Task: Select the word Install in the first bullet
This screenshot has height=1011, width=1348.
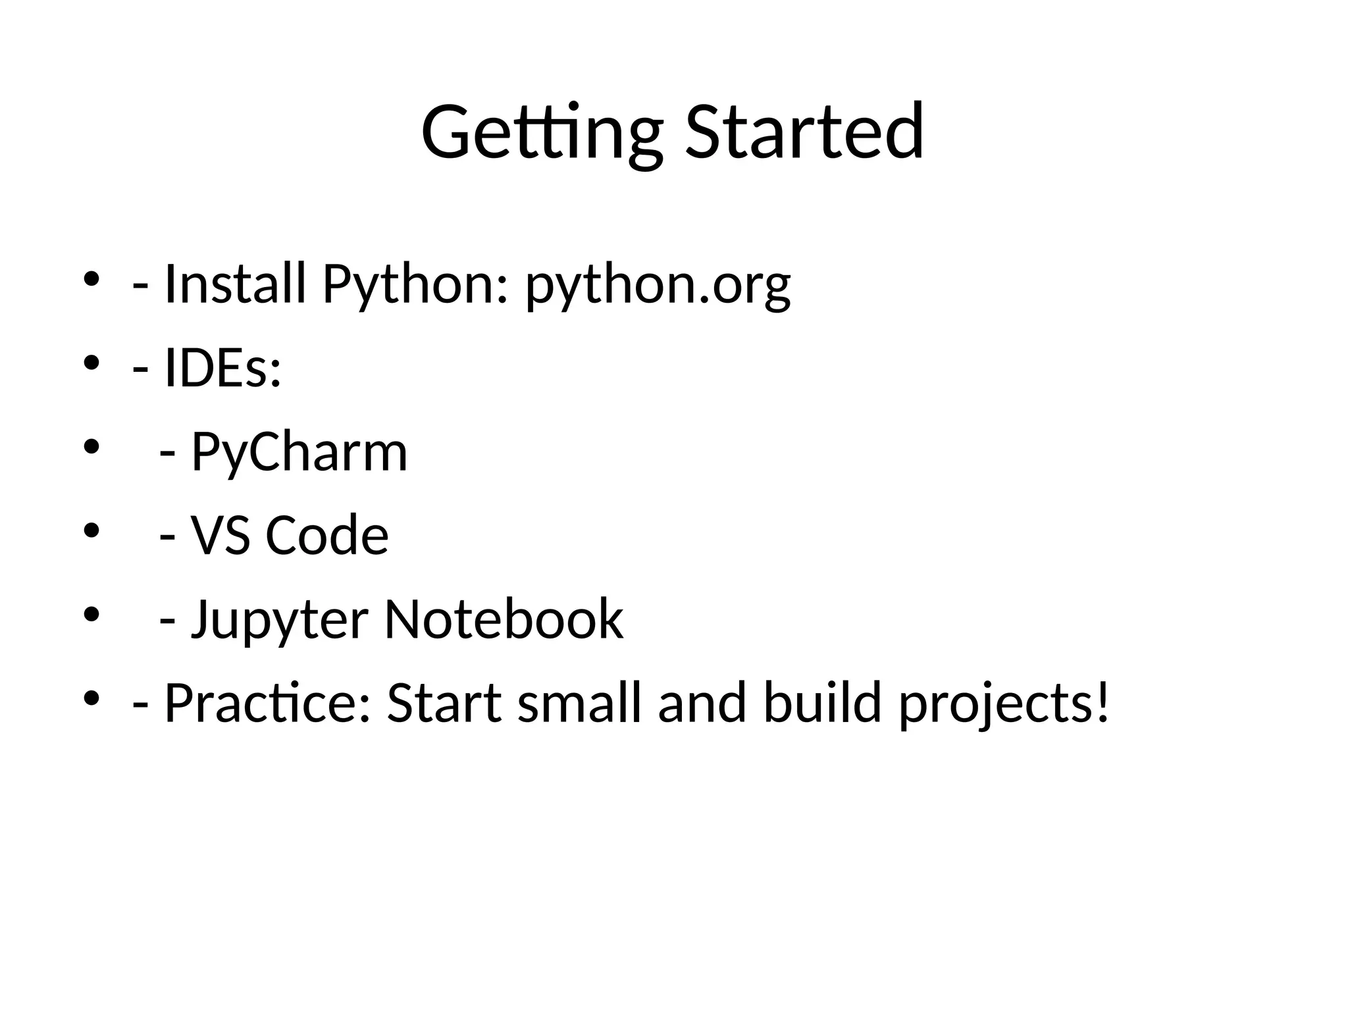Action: click(235, 284)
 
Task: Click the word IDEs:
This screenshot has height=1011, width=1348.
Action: click(222, 368)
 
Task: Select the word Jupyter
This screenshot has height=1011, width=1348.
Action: click(279, 621)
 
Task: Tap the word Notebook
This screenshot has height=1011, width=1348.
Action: click(504, 619)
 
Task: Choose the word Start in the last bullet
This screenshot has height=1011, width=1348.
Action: click(444, 704)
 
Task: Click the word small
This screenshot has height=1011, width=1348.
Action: click(579, 704)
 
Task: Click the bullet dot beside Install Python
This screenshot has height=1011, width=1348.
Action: click(91, 279)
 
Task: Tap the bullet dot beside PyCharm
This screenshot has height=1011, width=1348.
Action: click(91, 447)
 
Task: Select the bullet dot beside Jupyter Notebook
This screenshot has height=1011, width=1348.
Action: click(91, 614)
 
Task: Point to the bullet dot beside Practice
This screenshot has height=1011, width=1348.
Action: click(91, 697)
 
